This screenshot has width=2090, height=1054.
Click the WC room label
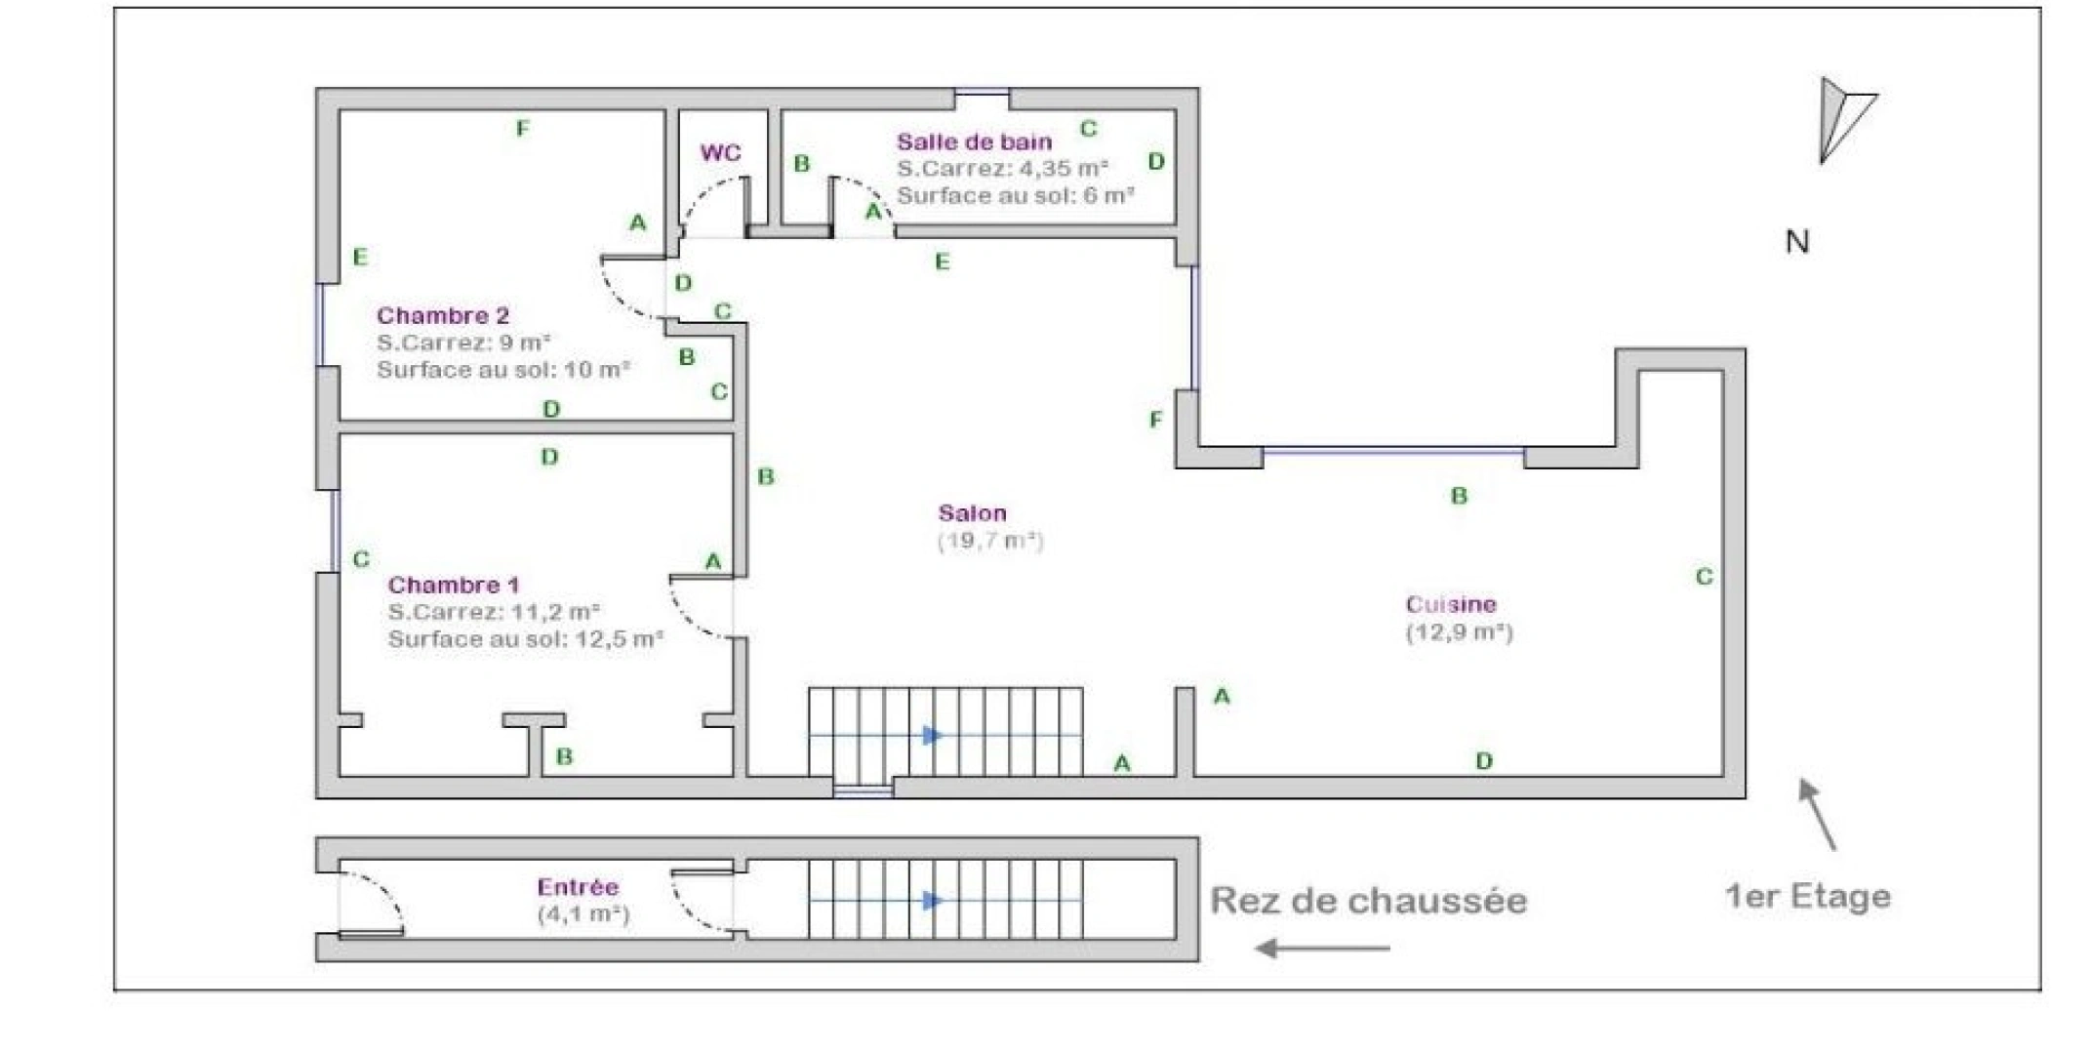[x=720, y=152]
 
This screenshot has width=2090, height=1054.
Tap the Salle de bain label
[x=974, y=142]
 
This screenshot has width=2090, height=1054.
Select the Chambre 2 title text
[x=443, y=315]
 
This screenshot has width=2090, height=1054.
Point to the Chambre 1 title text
[x=454, y=585]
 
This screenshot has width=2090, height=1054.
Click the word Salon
[x=972, y=512]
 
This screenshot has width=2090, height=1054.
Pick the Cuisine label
[x=1451, y=604]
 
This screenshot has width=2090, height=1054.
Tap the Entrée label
[x=578, y=887]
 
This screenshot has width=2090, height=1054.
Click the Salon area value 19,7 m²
[x=990, y=540]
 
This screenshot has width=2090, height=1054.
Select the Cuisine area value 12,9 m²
[x=1459, y=631]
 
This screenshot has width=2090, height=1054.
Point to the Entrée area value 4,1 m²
[x=583, y=914]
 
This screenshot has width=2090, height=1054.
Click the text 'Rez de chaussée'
[x=1369, y=900]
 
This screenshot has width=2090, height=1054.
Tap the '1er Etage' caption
[x=1808, y=896]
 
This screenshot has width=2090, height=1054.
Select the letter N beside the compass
[x=1797, y=241]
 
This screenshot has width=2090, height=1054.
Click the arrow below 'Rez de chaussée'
[x=1322, y=948]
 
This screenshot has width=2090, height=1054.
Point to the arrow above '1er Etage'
[x=1818, y=814]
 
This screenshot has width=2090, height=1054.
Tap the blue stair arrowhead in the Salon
[x=933, y=735]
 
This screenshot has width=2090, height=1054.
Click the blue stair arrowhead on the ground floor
[x=933, y=900]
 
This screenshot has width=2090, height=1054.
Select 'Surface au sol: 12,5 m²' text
[x=526, y=639]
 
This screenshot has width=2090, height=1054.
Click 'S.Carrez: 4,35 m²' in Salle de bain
[x=1002, y=168]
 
